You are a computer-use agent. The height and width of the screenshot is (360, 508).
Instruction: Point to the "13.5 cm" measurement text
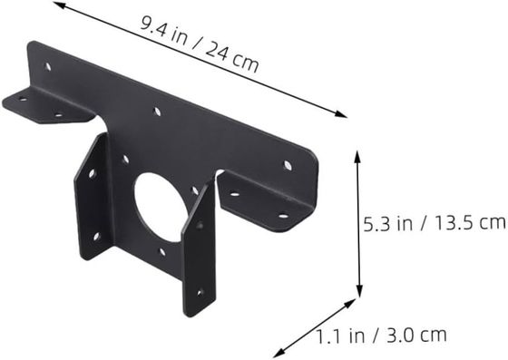(x=466, y=220)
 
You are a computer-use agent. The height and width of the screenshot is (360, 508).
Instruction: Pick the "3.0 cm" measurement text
(x=417, y=335)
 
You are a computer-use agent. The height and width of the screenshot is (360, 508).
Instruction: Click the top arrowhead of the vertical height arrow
(x=357, y=154)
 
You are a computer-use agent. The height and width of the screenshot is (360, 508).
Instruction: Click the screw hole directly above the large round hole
(x=157, y=112)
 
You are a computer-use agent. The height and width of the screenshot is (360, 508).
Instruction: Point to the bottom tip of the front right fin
(x=192, y=314)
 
